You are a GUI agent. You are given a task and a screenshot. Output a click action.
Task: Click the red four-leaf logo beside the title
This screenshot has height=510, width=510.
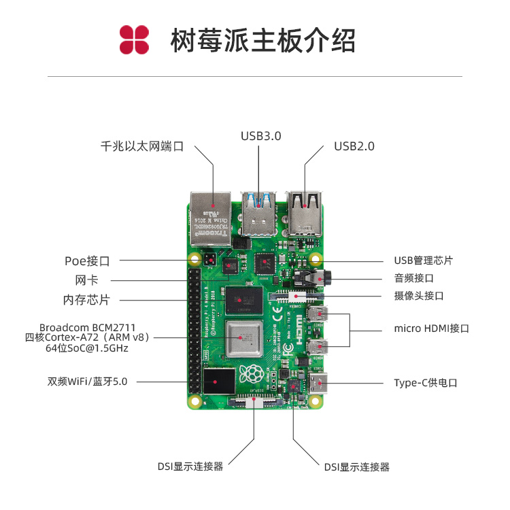(x=134, y=40)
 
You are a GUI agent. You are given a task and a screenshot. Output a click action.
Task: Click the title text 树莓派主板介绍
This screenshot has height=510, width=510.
(x=262, y=41)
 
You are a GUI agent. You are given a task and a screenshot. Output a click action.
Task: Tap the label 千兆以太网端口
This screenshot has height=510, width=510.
(x=142, y=146)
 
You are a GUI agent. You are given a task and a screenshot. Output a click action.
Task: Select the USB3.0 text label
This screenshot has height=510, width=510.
(x=260, y=136)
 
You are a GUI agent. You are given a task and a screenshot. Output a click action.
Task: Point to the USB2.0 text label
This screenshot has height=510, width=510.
(x=354, y=146)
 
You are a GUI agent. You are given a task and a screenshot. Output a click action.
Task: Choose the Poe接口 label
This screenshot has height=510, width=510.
(x=87, y=260)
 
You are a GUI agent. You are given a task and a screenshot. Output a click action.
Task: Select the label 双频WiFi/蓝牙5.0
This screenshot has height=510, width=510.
(x=87, y=381)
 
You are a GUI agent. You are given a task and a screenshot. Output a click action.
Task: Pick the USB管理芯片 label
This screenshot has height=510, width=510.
(x=423, y=260)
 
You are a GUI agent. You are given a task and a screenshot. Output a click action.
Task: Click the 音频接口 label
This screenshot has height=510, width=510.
(x=413, y=278)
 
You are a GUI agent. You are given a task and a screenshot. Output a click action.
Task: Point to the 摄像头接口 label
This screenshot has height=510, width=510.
(x=419, y=296)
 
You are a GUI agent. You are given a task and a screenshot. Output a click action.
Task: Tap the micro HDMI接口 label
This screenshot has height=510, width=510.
(x=431, y=328)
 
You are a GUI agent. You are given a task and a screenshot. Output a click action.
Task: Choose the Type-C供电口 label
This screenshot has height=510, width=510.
(x=426, y=383)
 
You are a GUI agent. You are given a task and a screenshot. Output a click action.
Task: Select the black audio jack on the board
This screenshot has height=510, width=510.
(x=316, y=278)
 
